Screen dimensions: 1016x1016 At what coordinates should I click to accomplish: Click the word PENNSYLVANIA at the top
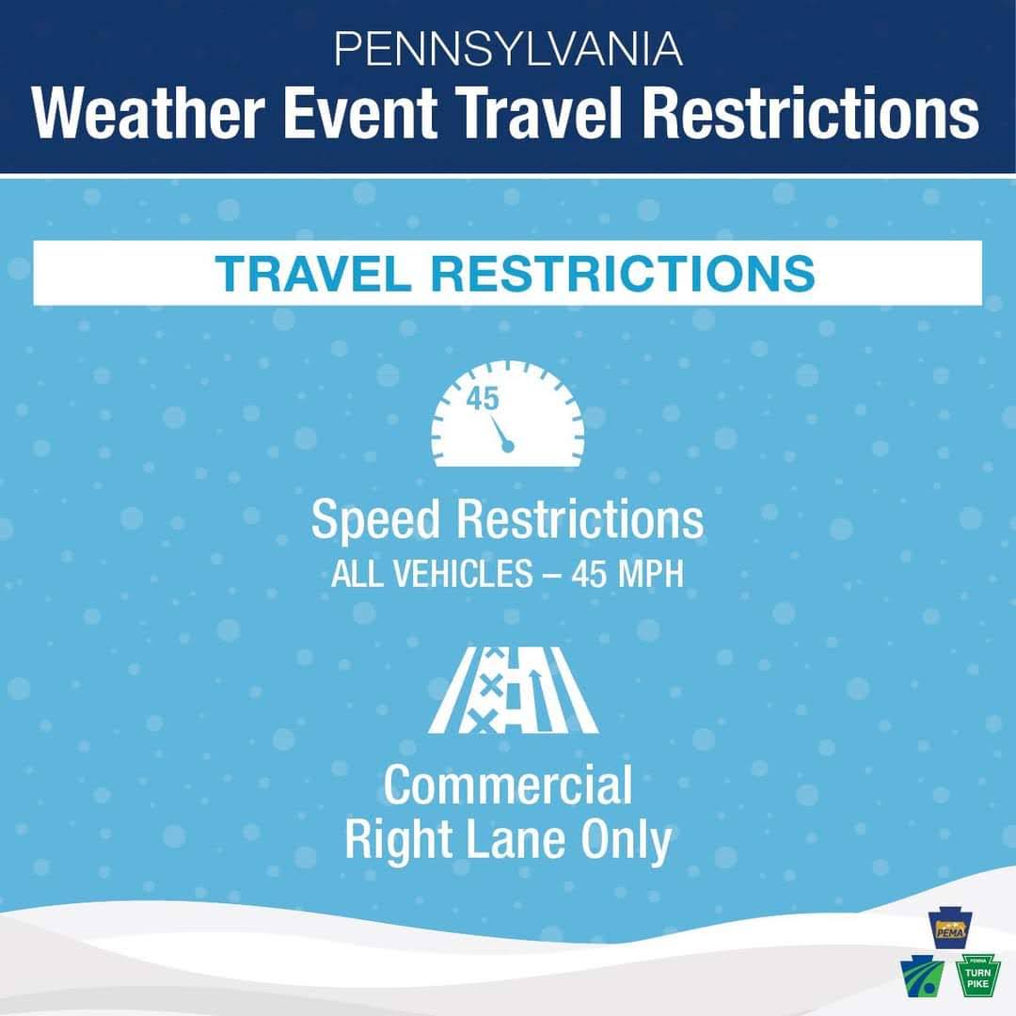(508, 49)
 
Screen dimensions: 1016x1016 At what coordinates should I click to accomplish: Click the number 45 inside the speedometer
(483, 399)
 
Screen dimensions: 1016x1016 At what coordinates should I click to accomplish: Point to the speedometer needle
(500, 433)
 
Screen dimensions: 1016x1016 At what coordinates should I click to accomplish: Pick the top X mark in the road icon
(490, 659)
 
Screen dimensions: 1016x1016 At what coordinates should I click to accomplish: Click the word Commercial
(508, 786)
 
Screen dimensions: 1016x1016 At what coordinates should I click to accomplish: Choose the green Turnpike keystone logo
(978, 978)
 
